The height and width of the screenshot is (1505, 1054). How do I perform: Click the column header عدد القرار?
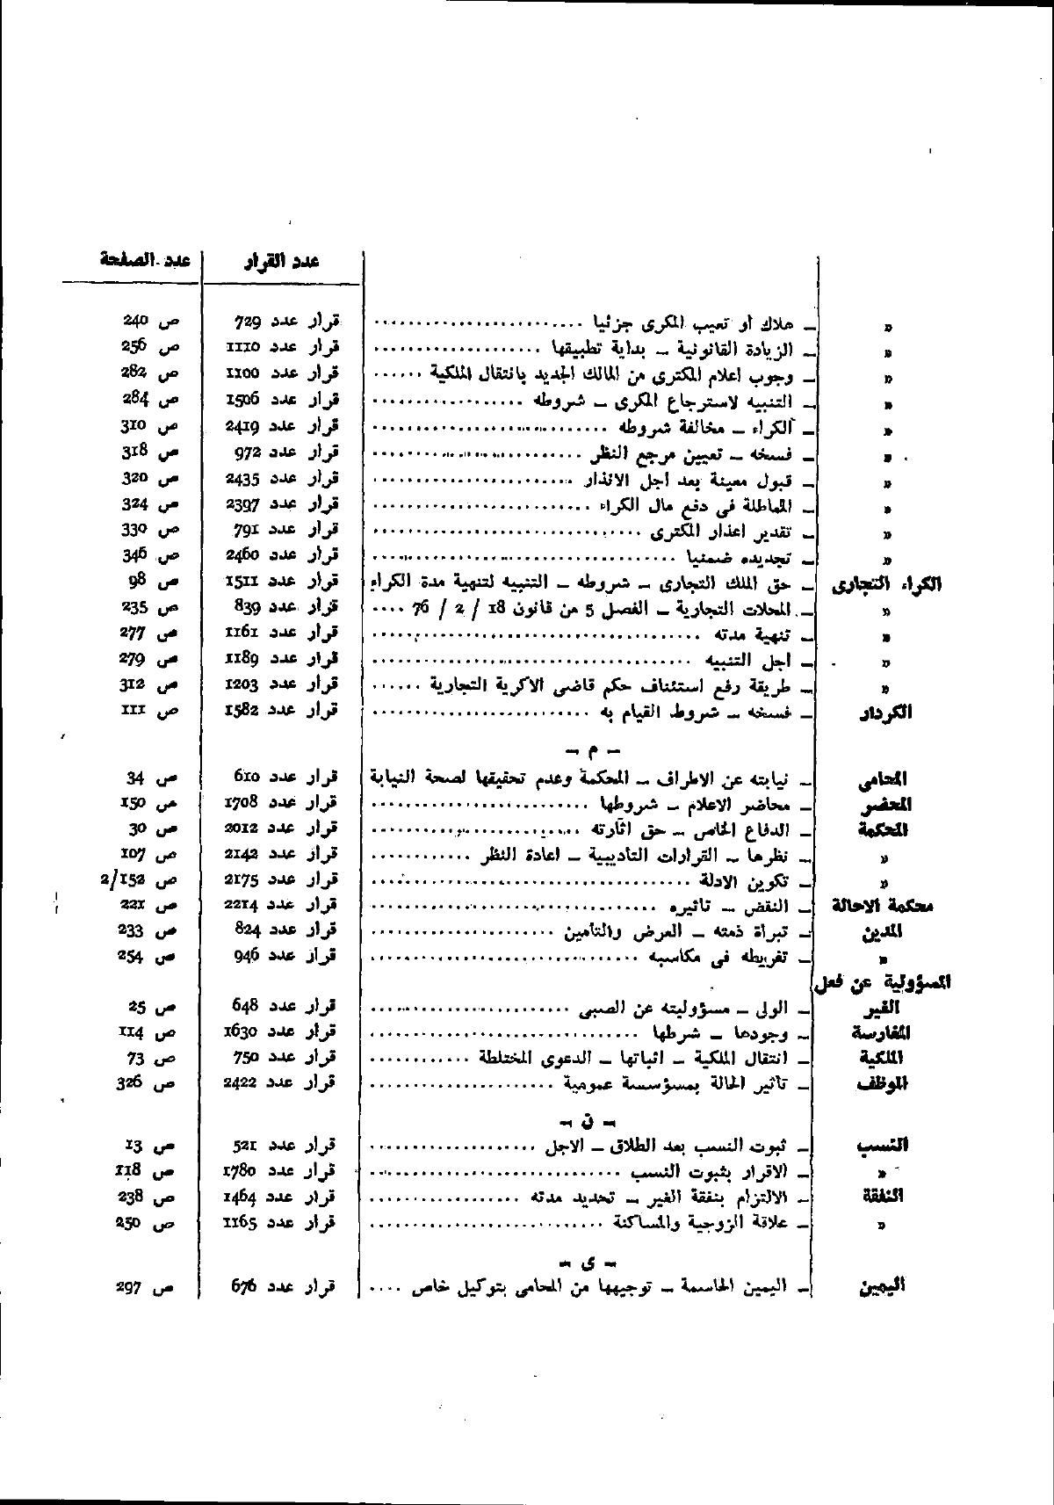[x=281, y=261]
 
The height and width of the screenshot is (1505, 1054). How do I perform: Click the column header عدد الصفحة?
[x=146, y=260]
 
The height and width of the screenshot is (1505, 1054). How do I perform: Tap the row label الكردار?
[x=884, y=713]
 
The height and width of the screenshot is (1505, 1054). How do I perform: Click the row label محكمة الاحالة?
[x=881, y=907]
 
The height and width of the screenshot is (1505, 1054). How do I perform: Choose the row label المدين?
[x=884, y=932]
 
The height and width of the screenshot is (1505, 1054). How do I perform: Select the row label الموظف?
[x=882, y=1084]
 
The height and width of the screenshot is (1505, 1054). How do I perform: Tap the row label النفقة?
[x=883, y=1197]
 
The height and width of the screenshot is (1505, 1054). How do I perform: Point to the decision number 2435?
[x=242, y=479]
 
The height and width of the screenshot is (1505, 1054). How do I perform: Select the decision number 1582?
[x=242, y=709]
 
